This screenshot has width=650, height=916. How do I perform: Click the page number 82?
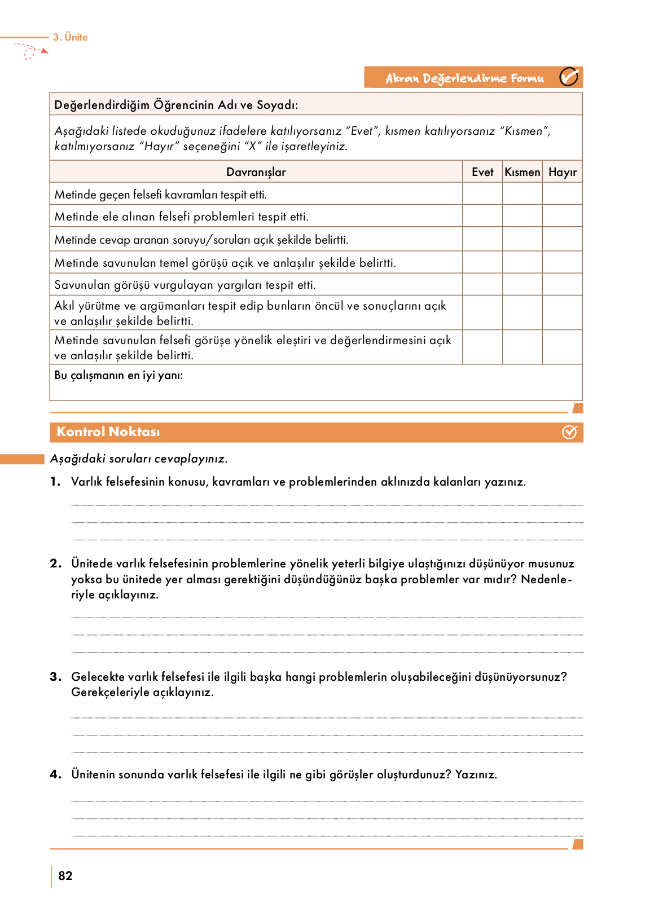pos(65,875)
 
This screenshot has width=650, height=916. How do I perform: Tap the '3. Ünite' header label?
pos(71,37)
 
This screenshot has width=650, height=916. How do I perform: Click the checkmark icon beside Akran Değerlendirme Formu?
pos(569,77)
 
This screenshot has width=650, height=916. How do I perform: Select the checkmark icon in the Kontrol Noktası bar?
pos(569,432)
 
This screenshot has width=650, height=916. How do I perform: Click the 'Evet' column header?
pos(482,172)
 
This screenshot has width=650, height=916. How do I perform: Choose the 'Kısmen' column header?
pos(522,172)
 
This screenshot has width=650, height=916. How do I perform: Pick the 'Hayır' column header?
pos(563,172)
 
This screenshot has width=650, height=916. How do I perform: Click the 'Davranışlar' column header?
pos(256,172)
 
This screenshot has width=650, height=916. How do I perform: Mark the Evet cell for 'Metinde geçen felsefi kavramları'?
pos(482,194)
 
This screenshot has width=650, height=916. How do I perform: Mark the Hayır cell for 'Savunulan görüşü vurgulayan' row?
pos(563,285)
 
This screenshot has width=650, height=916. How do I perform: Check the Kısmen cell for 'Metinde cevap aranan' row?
pos(522,239)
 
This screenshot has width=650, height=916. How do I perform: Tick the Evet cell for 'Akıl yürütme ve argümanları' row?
pos(482,313)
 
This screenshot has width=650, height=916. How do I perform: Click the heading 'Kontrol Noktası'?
pos(108,432)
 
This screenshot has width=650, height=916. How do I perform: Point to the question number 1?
pos(55,482)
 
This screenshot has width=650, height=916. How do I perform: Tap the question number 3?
pos(55,677)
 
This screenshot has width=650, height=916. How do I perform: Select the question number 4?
pos(55,774)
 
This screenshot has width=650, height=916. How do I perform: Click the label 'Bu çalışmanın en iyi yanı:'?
pos(118,376)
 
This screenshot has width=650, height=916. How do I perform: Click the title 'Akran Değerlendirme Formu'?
pos(464,78)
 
